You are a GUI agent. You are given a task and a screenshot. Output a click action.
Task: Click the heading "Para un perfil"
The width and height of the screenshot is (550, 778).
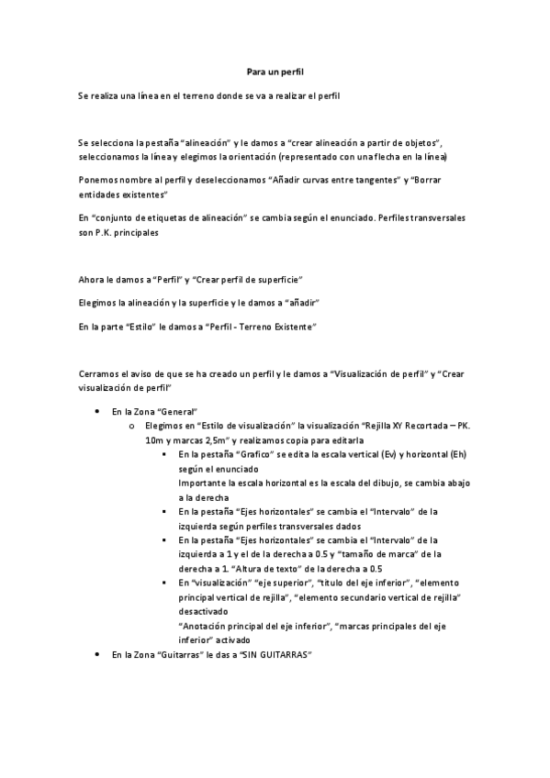point(275,71)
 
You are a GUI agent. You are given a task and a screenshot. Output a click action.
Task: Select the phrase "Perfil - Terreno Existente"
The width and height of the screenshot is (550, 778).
point(261,326)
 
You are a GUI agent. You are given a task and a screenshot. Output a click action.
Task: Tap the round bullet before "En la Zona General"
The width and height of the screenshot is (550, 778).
point(97,413)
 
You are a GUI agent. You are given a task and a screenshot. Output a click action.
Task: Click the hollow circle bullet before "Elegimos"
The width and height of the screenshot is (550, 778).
point(133,427)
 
